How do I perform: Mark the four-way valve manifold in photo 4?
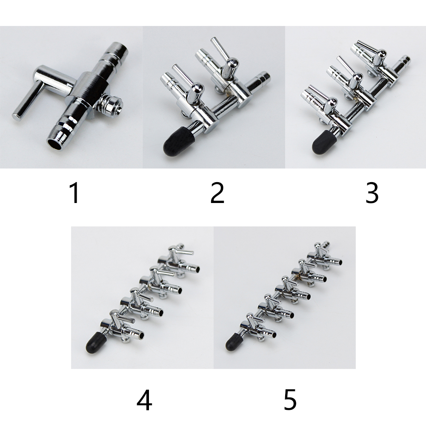click(143, 299)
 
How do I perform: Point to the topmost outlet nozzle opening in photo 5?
click(339, 262)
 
